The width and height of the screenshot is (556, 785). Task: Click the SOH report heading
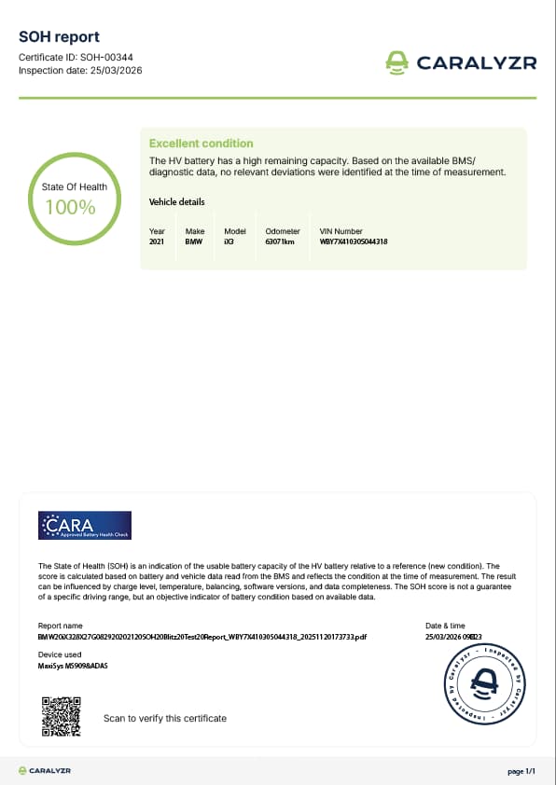[x=59, y=36]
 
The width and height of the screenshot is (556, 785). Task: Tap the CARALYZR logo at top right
[x=461, y=62]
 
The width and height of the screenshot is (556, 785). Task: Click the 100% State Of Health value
[x=71, y=208]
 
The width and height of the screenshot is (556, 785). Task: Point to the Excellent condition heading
[x=201, y=144]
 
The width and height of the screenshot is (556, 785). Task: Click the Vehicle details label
[x=176, y=202]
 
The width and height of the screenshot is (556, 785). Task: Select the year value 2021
[x=157, y=242]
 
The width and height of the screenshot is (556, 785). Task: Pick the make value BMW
[x=194, y=242]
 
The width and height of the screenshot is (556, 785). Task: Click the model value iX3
[x=229, y=242]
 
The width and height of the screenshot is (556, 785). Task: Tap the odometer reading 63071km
[x=280, y=242]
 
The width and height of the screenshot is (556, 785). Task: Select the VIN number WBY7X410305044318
[x=354, y=242]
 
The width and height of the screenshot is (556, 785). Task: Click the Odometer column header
[x=283, y=231]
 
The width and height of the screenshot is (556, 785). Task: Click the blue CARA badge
[x=85, y=526]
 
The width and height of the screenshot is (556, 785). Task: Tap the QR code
[x=63, y=717]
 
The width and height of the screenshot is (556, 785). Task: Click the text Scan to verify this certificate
[x=164, y=718]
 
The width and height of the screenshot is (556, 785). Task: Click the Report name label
[x=60, y=626]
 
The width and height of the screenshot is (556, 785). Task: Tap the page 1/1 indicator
[x=521, y=771]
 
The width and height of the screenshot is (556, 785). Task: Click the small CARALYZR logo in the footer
[x=45, y=771]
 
